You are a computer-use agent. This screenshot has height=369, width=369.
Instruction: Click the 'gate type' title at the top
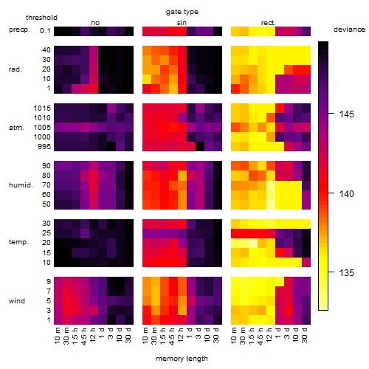[x=182, y=12]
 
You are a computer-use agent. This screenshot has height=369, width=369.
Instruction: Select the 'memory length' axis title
[x=182, y=359]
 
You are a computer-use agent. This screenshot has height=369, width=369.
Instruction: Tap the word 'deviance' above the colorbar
[x=349, y=30]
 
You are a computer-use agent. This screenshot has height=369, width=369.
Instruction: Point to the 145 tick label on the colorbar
[x=346, y=114]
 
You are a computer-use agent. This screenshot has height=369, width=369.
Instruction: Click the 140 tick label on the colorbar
[x=346, y=194]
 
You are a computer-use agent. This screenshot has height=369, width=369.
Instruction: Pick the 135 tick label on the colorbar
[x=346, y=273]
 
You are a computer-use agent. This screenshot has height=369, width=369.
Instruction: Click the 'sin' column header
[x=182, y=23]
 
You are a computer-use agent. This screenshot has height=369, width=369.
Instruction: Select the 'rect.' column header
[x=269, y=23]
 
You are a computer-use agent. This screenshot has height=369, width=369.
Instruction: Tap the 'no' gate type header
[x=95, y=23]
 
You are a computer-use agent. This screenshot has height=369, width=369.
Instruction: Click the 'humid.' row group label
[x=21, y=185]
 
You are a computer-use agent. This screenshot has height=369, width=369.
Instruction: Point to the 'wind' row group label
[x=17, y=301]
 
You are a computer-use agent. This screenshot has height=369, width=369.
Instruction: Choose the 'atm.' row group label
[x=16, y=128]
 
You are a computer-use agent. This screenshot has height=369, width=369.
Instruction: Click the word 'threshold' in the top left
[x=41, y=18]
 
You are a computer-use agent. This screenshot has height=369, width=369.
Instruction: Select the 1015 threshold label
[x=42, y=108]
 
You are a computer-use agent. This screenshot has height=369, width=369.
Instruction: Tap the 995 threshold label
[x=44, y=147]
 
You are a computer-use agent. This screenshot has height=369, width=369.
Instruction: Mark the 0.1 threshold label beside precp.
[x=45, y=31]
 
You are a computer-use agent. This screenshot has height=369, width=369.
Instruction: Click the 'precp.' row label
[x=19, y=30]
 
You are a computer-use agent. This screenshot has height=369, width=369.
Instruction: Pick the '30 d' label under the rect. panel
[x=305, y=336]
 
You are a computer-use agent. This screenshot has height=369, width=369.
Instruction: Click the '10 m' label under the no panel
[x=57, y=336]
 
